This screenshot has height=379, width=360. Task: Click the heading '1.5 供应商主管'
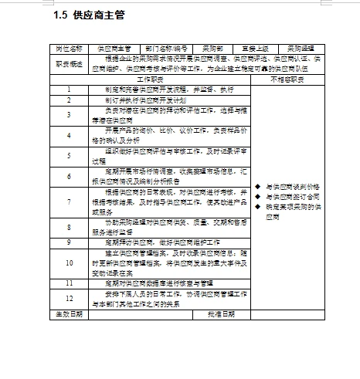point(90,15)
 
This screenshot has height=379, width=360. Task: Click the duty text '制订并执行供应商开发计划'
point(145,99)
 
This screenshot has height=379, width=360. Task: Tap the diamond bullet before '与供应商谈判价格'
point(257,187)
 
